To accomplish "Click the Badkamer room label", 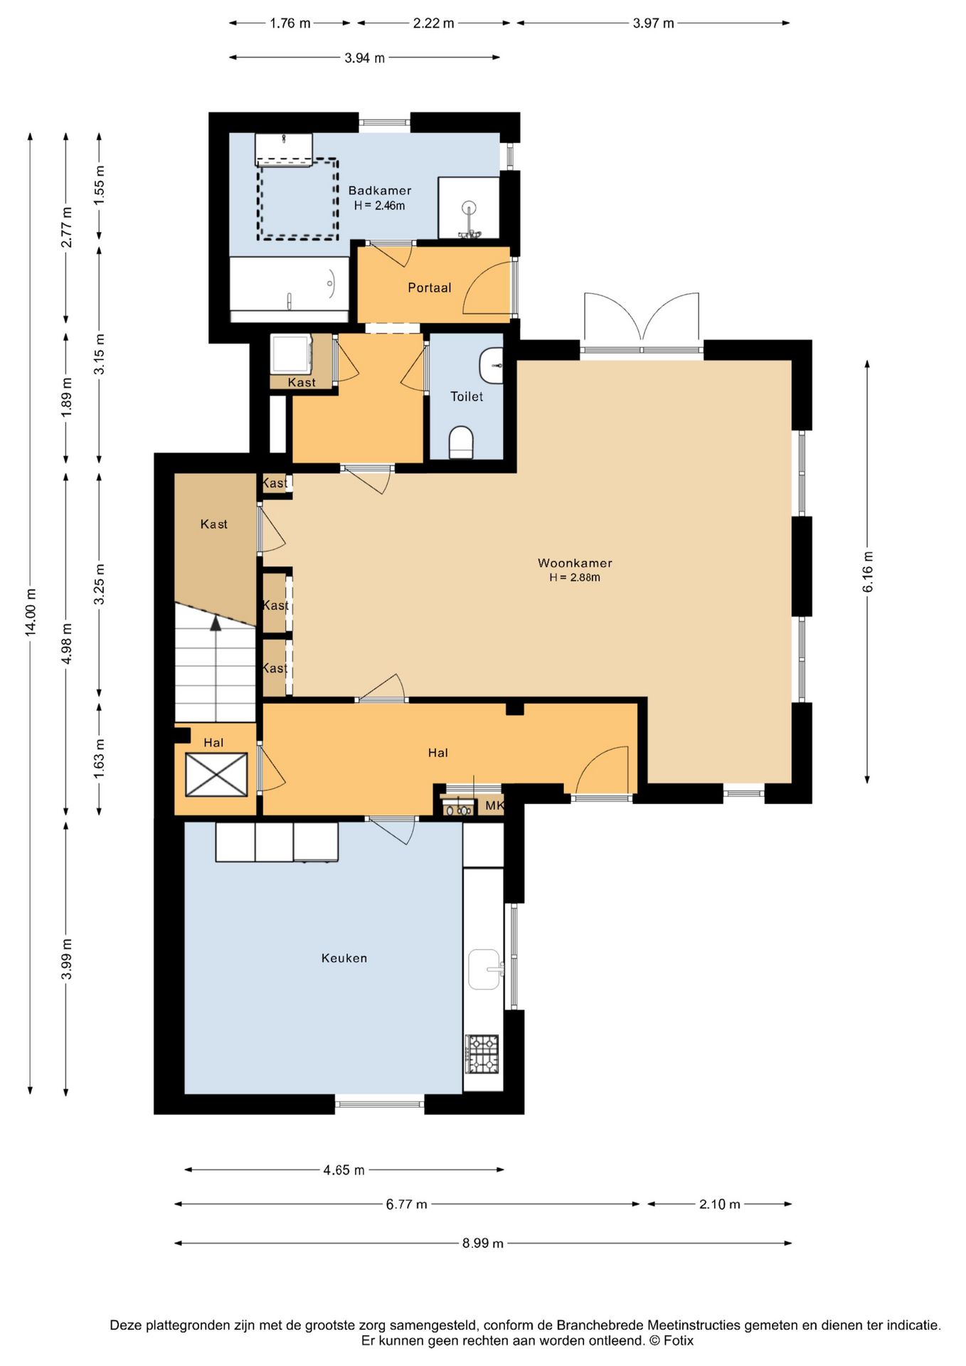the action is point(379,191).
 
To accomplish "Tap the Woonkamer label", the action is point(575,563).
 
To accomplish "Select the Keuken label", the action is point(344,958).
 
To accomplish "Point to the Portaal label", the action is point(430,287).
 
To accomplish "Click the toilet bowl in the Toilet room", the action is point(461,443).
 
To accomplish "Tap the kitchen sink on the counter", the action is point(485,969).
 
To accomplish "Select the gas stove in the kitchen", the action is point(482,1054).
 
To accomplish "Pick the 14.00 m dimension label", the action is point(31,612).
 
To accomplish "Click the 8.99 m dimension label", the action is point(483,1243).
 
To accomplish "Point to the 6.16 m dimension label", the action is point(868,571).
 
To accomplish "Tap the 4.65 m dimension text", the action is point(344,1170).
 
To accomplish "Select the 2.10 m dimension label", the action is point(720,1204).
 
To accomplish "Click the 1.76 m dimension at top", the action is point(290,23).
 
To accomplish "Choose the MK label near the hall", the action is point(495,805).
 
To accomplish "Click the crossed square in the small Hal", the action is point(216,774).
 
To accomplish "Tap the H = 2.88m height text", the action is point(575,578).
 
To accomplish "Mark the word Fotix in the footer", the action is point(679,1341).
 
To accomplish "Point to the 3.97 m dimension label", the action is point(654,23).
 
